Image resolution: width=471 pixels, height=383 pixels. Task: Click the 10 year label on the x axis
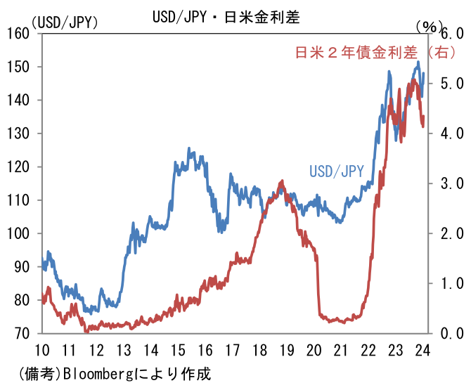click(x=41, y=351)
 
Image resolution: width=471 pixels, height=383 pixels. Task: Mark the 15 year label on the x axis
click(x=178, y=351)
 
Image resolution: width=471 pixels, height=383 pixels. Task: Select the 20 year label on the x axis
click(x=314, y=351)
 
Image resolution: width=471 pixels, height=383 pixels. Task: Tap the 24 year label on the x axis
click(x=422, y=351)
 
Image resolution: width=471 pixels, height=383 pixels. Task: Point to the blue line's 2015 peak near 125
click(x=189, y=149)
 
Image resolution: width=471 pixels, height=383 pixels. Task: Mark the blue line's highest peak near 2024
click(x=418, y=62)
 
